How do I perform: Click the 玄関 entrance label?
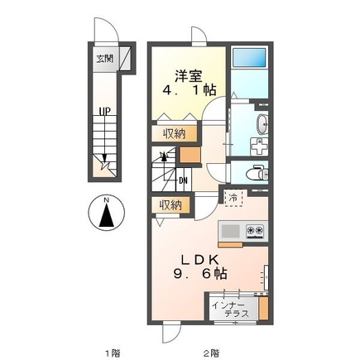tap(105, 59)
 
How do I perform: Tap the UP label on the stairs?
tap(105, 112)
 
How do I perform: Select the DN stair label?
tap(183, 181)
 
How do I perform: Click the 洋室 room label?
tap(189, 76)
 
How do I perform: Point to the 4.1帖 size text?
tap(190, 90)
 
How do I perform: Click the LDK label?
tap(199, 260)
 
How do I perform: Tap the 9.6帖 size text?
tap(200, 274)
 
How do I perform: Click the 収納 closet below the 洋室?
tap(174, 134)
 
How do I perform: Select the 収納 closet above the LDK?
tap(170, 205)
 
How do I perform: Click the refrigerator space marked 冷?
tap(233, 198)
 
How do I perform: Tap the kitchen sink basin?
tap(231, 231)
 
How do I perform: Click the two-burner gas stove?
tap(255, 231)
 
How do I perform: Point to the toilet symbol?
tap(257, 172)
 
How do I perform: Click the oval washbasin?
tap(262, 124)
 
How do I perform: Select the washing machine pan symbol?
tap(259, 146)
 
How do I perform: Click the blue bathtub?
tap(249, 57)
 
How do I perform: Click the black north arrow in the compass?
tap(107, 214)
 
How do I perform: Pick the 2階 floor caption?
tap(212, 353)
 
